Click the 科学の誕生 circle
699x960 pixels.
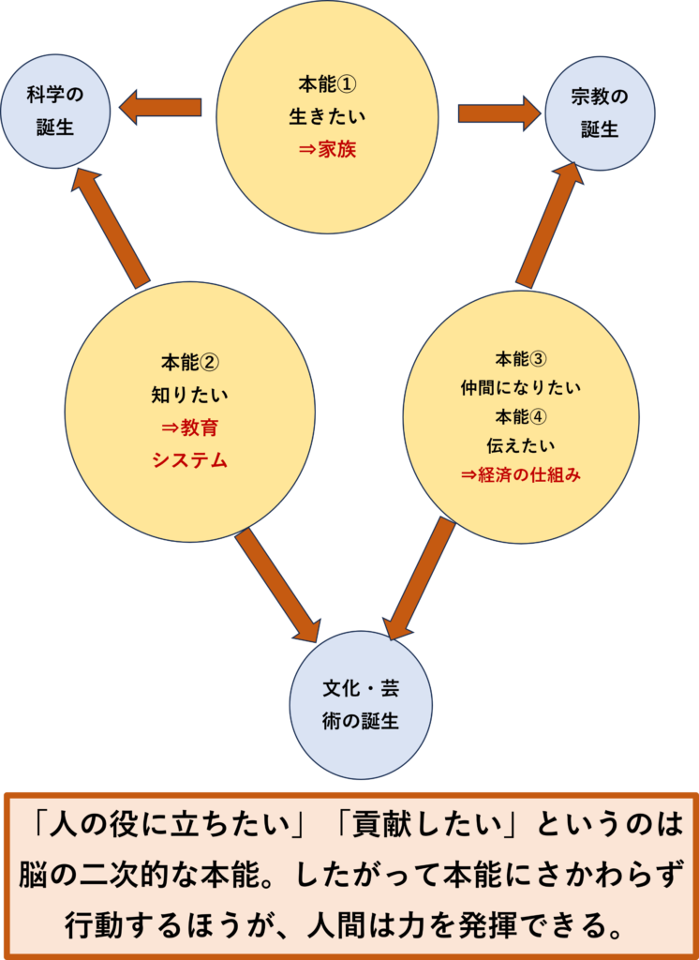55,112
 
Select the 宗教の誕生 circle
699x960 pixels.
600,112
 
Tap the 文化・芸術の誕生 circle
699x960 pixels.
361,705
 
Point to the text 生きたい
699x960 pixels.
327,117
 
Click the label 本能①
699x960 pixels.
327,85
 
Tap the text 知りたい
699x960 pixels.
190,395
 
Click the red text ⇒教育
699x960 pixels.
190,427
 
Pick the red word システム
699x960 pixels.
190,460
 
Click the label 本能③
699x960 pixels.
521,359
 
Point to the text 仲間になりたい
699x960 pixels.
521,387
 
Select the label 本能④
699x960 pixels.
521,416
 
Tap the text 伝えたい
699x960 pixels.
521,445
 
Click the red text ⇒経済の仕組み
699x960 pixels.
521,474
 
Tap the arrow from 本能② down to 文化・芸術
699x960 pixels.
277,586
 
